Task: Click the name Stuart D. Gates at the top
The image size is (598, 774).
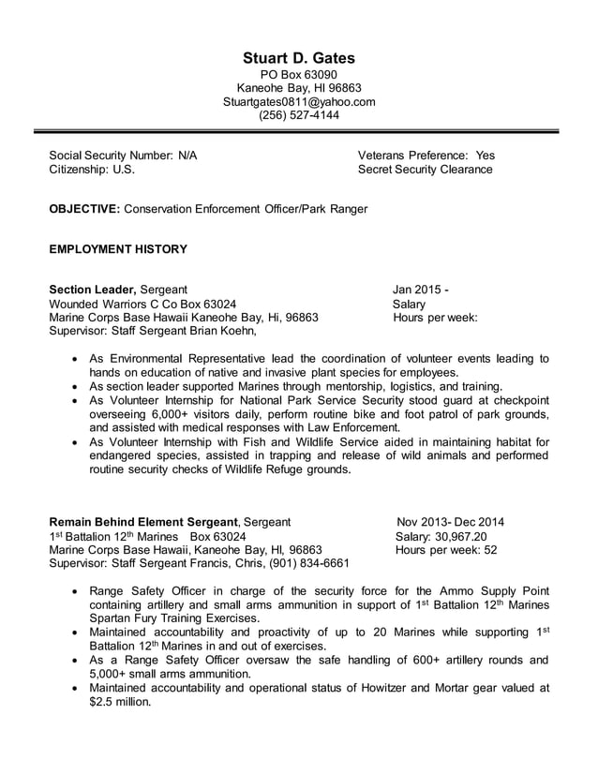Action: coord(299,58)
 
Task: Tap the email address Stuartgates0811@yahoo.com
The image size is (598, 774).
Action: coord(299,102)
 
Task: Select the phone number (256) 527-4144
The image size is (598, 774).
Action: coord(299,115)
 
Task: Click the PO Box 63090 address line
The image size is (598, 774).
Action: coord(299,75)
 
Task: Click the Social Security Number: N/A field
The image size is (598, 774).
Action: coord(123,156)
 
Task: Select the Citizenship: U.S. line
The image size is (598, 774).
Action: coord(92,170)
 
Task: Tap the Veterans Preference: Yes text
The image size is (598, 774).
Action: coord(426,156)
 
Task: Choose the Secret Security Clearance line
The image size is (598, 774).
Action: coord(425,170)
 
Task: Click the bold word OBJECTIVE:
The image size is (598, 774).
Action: coord(84,209)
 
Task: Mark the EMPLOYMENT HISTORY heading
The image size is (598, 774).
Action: coord(118,249)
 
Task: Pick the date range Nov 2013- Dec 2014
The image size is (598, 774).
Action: coord(450,522)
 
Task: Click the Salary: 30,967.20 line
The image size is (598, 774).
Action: coord(441,536)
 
